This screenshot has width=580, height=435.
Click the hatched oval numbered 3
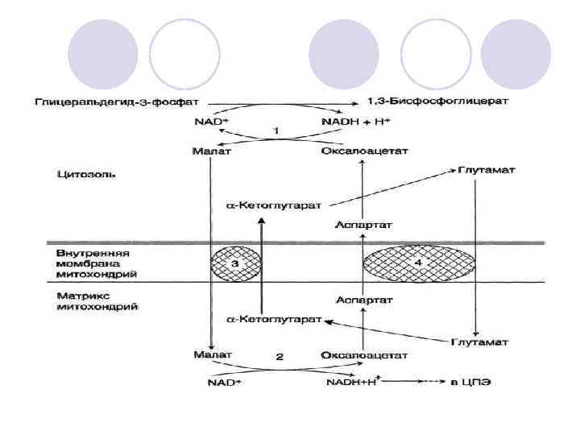[237, 264]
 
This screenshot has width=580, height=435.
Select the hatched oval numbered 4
[418, 264]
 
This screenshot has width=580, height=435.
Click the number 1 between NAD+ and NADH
[276, 130]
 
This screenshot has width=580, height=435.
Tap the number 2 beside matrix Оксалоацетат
[280, 356]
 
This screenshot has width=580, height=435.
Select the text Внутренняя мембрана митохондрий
[93, 263]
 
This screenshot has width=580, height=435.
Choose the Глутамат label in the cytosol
[487, 171]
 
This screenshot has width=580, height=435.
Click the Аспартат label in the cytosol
[364, 224]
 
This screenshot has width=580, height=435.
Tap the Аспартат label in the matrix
[364, 300]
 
